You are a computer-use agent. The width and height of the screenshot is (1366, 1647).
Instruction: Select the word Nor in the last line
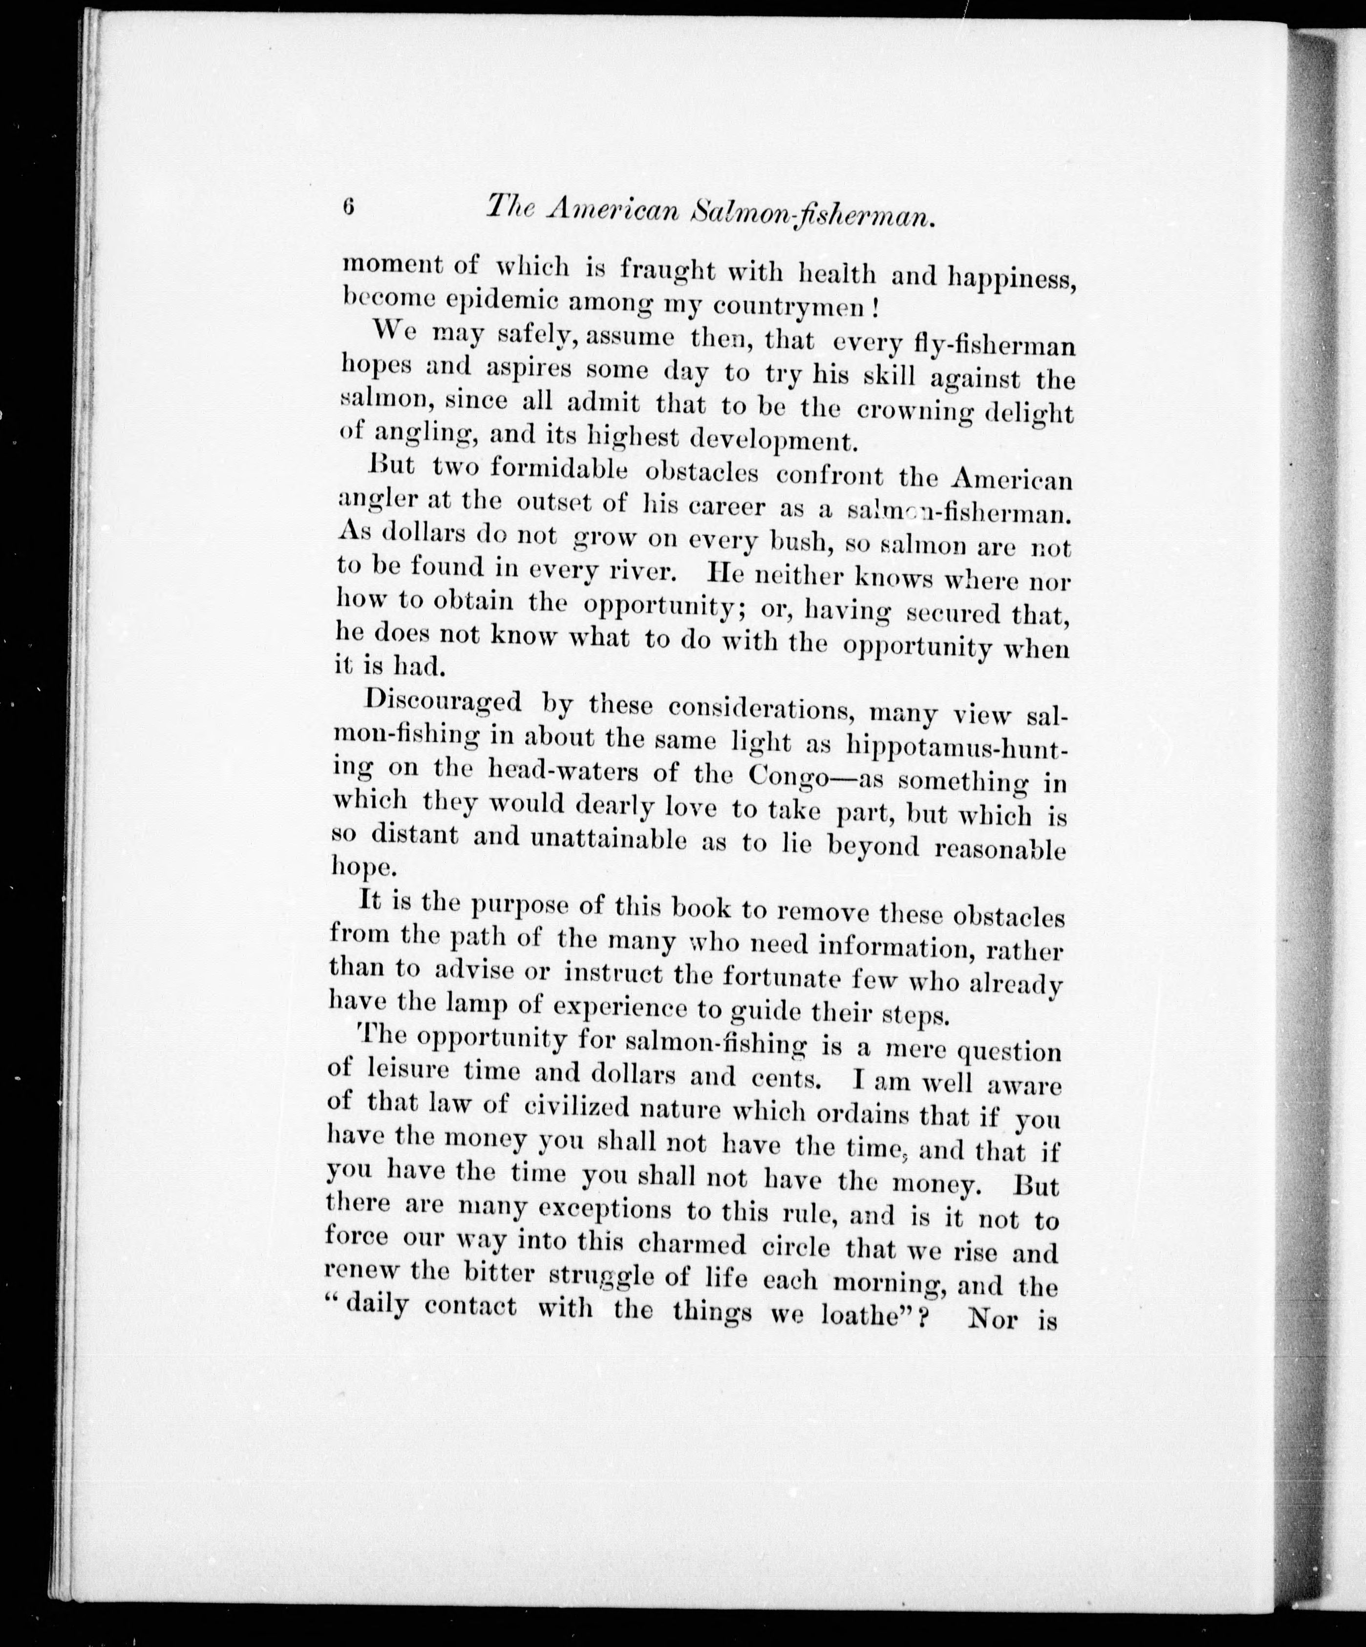(993, 1318)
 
